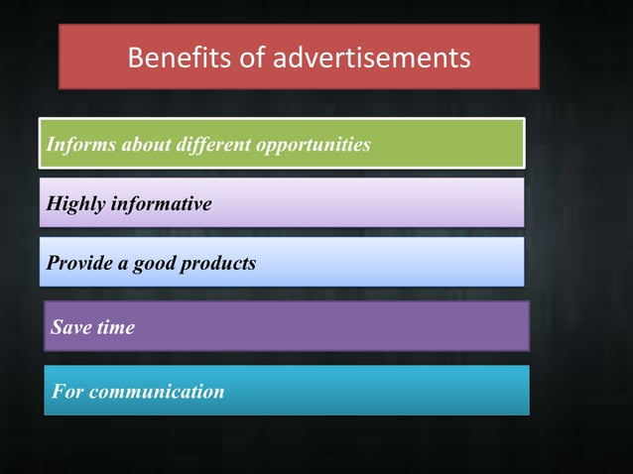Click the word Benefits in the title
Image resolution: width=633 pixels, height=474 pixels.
click(172, 59)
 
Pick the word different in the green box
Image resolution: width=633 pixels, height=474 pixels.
click(213, 145)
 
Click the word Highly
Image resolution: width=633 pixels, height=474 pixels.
click(75, 204)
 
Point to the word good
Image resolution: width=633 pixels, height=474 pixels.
click(156, 264)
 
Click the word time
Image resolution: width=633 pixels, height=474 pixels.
click(115, 327)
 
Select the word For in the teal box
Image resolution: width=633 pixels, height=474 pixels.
click(67, 392)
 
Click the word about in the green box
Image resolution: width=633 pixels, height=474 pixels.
click(146, 145)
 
